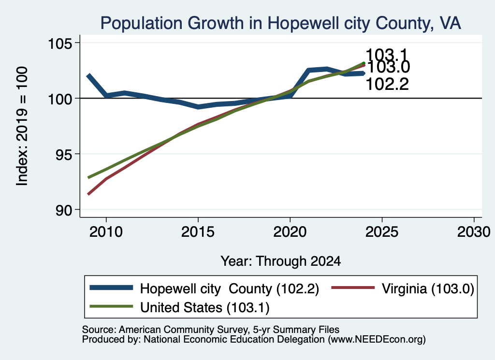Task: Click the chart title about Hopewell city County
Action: click(x=281, y=23)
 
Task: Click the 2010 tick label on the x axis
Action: click(x=106, y=232)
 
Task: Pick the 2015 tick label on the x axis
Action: click(x=198, y=232)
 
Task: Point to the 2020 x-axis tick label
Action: click(x=290, y=232)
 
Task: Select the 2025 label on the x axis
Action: click(x=382, y=232)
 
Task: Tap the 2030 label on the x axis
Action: click(x=474, y=232)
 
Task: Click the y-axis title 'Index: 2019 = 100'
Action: click(x=22, y=126)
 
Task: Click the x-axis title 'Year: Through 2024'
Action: click(x=281, y=261)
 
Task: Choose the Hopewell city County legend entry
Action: click(x=204, y=288)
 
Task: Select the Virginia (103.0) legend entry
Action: click(x=403, y=288)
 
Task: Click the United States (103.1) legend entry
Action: click(x=180, y=307)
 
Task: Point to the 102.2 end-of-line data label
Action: click(x=387, y=84)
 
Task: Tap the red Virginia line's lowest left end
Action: click(x=88, y=194)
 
